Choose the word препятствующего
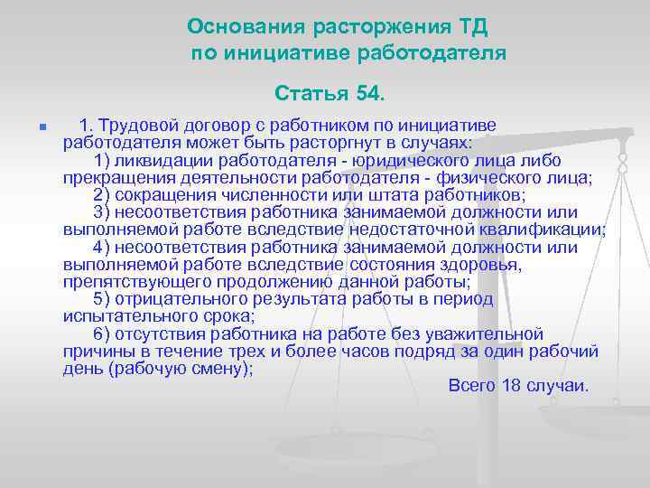pos(129,282)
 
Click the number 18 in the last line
pos(511,386)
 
